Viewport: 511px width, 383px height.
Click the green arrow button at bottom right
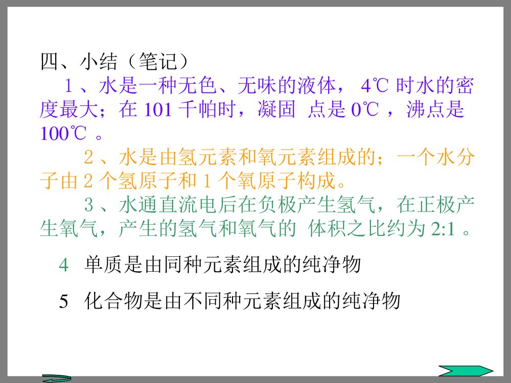pyautogui.click(x=466, y=371)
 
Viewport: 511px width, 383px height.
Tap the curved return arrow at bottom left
pyautogui.click(x=56, y=378)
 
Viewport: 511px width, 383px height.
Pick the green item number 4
pyautogui.click(x=63, y=265)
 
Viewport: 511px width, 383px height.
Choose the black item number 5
pyautogui.click(x=63, y=301)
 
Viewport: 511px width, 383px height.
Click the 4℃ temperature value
pyautogui.click(x=375, y=86)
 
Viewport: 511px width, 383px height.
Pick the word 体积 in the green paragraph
pyautogui.click(x=328, y=229)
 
